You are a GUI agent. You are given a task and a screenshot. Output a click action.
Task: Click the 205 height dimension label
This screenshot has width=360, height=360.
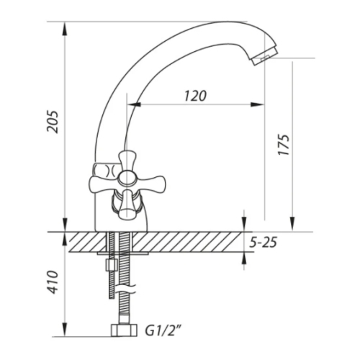pos(53,122)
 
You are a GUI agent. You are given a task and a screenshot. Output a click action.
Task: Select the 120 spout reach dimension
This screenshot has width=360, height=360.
pos(195,96)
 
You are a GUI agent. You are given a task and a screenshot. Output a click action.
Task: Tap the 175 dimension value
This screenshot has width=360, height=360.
pos(284,145)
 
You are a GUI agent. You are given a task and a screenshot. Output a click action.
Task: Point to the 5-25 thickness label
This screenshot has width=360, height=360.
pos(263,243)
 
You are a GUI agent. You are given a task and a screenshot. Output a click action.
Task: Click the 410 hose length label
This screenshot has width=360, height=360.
pos(53,282)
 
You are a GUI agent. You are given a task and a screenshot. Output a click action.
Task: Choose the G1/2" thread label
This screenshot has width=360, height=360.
pos(163,330)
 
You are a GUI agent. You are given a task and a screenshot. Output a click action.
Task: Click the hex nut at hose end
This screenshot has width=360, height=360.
pos(124,330)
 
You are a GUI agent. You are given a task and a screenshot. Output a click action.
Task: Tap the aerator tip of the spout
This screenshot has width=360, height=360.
pos(265,56)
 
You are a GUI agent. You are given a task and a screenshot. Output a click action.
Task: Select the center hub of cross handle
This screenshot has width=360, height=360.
pos(127,179)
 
